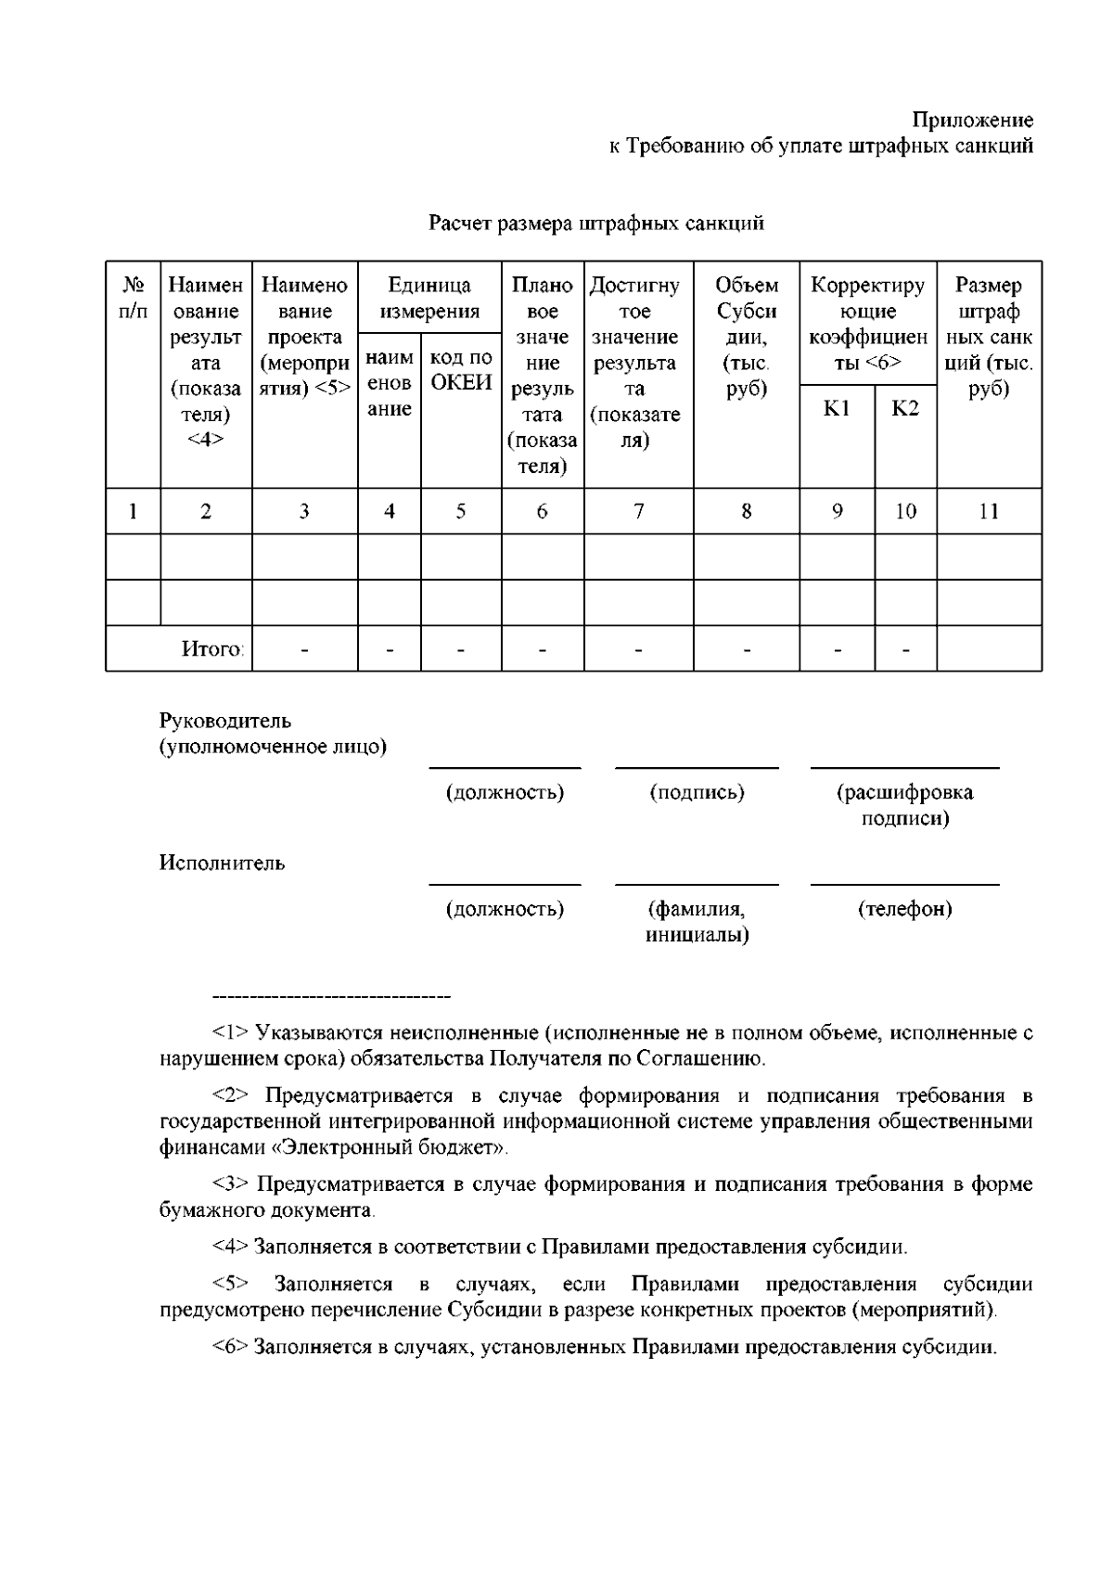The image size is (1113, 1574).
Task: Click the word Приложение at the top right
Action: coord(972,120)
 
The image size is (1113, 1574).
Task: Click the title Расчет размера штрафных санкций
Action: coord(596,224)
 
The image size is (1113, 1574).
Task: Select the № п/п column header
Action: coord(133,298)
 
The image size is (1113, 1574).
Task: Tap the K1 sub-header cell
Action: coord(837,409)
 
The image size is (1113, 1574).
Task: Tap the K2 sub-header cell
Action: coord(905,409)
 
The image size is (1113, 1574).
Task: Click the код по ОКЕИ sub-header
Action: coord(461,370)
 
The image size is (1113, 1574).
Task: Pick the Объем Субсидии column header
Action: coord(747,337)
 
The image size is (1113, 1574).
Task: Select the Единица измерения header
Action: coord(429,298)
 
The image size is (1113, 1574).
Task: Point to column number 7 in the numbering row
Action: coord(639,510)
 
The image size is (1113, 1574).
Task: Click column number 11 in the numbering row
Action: coord(989,510)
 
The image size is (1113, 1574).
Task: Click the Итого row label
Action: coord(212,648)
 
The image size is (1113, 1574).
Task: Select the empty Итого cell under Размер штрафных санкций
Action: coord(989,648)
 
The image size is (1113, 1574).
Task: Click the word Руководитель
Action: coord(225,721)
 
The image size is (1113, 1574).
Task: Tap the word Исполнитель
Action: coord(223,864)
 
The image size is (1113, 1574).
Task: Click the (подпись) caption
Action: coord(697,792)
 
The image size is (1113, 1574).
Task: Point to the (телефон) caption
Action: coord(905,909)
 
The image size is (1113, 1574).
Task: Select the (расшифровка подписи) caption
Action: coord(905,805)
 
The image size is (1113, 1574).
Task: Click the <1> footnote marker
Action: coord(230,1032)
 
